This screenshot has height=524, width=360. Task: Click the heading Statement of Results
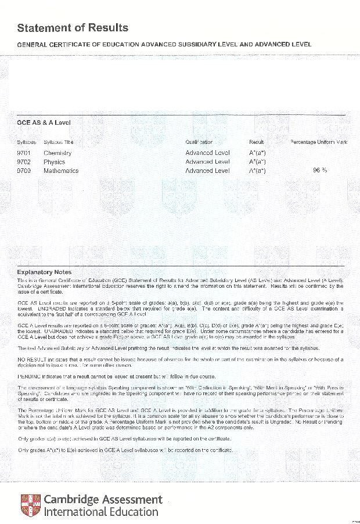[73, 28]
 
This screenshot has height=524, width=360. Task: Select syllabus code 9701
[24, 153]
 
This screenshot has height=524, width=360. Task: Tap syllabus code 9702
[24, 162]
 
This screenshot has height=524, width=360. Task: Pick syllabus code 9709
[24, 171]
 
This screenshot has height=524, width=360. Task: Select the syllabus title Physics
[54, 162]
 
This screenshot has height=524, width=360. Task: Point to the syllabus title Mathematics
[61, 171]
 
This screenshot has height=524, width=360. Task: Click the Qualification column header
[199, 142]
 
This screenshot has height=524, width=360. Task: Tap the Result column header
[257, 142]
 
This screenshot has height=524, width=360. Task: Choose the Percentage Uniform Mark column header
[319, 142]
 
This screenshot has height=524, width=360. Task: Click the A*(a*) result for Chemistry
[257, 153]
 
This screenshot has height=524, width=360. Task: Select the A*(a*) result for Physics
[257, 162]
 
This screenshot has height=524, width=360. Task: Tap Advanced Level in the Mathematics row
[207, 171]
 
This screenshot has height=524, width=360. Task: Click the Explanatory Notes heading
[44, 272]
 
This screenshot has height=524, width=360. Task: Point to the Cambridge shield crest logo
[30, 505]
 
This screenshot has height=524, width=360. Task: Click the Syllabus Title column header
[58, 142]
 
